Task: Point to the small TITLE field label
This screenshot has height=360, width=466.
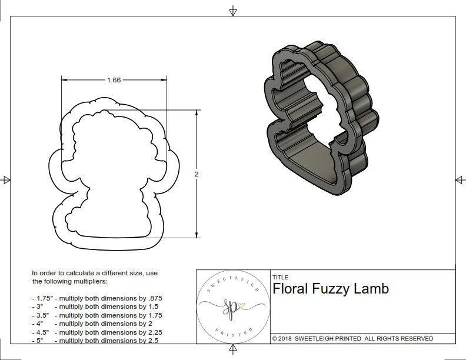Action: point(280,277)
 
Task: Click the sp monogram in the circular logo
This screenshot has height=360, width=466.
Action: point(231,306)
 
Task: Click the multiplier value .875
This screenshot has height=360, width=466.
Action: point(152,298)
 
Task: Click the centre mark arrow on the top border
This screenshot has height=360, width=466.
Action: point(233,11)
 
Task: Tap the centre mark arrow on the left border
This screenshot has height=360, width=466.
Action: point(6,179)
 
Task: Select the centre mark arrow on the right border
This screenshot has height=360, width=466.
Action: point(459,179)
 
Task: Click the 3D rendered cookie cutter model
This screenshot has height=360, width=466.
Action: point(321,118)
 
